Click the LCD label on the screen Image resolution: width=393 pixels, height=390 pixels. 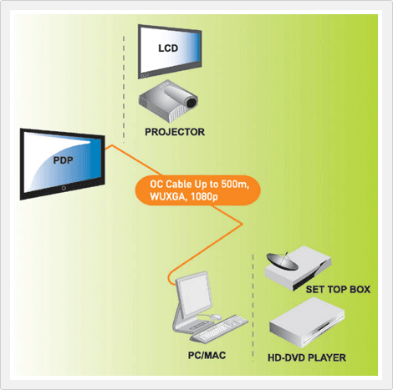[168, 48]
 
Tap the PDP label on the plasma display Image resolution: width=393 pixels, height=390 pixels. [63, 160]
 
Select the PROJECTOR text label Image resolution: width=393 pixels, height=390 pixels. [175, 132]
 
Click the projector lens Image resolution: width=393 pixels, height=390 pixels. [191, 103]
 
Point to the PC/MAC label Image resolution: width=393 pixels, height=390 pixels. [207, 356]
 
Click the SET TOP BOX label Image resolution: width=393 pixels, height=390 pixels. [338, 290]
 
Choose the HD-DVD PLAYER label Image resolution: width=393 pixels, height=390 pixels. [307, 357]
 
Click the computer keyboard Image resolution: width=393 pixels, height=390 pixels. [219, 329]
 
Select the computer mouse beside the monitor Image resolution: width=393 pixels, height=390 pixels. [216, 317]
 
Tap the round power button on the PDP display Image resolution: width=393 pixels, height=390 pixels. [64, 188]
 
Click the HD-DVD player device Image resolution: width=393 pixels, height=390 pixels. [307, 323]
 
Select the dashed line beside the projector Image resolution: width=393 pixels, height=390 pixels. [124, 89]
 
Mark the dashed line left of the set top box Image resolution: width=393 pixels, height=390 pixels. [253, 307]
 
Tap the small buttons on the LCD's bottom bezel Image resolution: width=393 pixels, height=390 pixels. [145, 75]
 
